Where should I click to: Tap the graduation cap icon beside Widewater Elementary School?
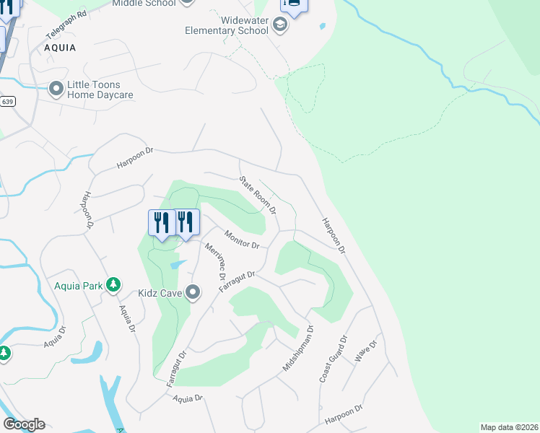[x=280, y=26]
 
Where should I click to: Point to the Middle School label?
[x=144, y=4]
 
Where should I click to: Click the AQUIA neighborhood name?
[x=60, y=46]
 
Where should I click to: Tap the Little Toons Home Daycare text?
[x=100, y=89]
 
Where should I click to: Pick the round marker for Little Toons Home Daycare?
[x=56, y=89]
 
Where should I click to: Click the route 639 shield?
[x=7, y=102]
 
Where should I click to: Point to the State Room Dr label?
[x=258, y=195]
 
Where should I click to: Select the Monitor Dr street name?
[x=242, y=240]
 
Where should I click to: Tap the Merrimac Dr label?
[x=216, y=261]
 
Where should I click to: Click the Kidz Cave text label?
[x=160, y=293]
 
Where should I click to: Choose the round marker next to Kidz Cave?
[x=193, y=292]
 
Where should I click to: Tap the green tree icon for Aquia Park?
[x=113, y=285]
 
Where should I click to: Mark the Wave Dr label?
[x=367, y=351]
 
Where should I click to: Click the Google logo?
[x=24, y=424]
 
